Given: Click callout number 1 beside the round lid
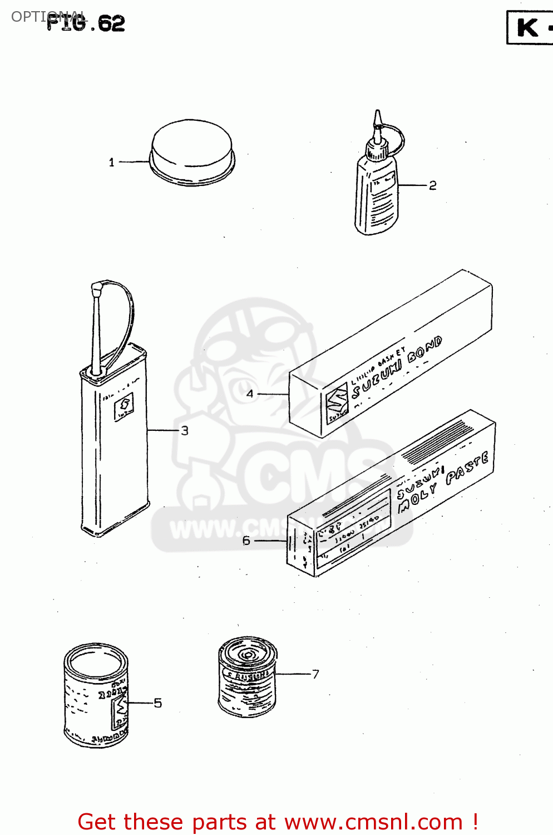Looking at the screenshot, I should point(111,163).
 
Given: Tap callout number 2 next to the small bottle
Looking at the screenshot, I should point(433,185).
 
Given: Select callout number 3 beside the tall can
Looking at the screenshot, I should point(185,430).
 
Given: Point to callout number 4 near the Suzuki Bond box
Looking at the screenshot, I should point(250,394).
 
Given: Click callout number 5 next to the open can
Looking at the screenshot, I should point(158,703).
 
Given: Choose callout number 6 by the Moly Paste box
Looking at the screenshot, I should point(246,541).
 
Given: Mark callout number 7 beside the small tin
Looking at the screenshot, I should point(315,674).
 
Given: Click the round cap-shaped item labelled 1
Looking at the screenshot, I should point(192,150).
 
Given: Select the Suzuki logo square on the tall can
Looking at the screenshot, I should point(124,408).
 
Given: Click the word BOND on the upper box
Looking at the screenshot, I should point(425,349).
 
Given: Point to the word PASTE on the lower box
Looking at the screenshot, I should point(467,468).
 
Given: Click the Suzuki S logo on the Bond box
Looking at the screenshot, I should point(337,402).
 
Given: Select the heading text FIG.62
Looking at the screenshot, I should point(86,23).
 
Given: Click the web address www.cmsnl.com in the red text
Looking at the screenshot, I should point(373,822).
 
